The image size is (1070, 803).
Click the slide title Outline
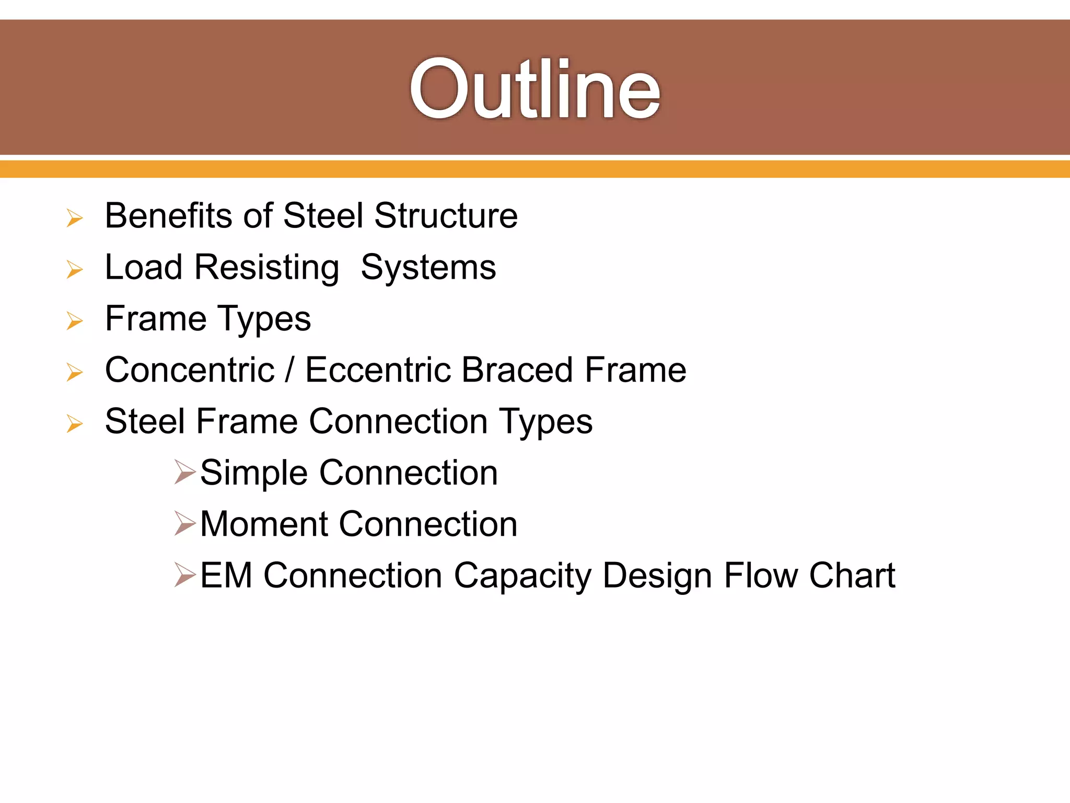[535, 89]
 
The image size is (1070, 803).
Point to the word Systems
[428, 268]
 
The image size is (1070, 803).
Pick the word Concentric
[190, 370]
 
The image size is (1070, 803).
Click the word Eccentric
[378, 370]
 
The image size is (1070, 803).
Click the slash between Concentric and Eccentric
[289, 370]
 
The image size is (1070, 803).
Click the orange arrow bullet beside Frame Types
[75, 321]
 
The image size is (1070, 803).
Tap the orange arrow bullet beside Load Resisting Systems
[75, 270]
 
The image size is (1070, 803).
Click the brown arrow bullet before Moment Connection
[185, 524]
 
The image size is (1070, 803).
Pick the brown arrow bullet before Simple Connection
[185, 473]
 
